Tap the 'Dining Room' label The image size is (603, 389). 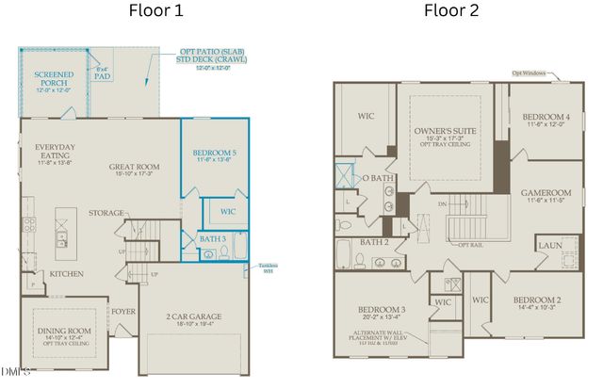pyautogui.click(x=61, y=331)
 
